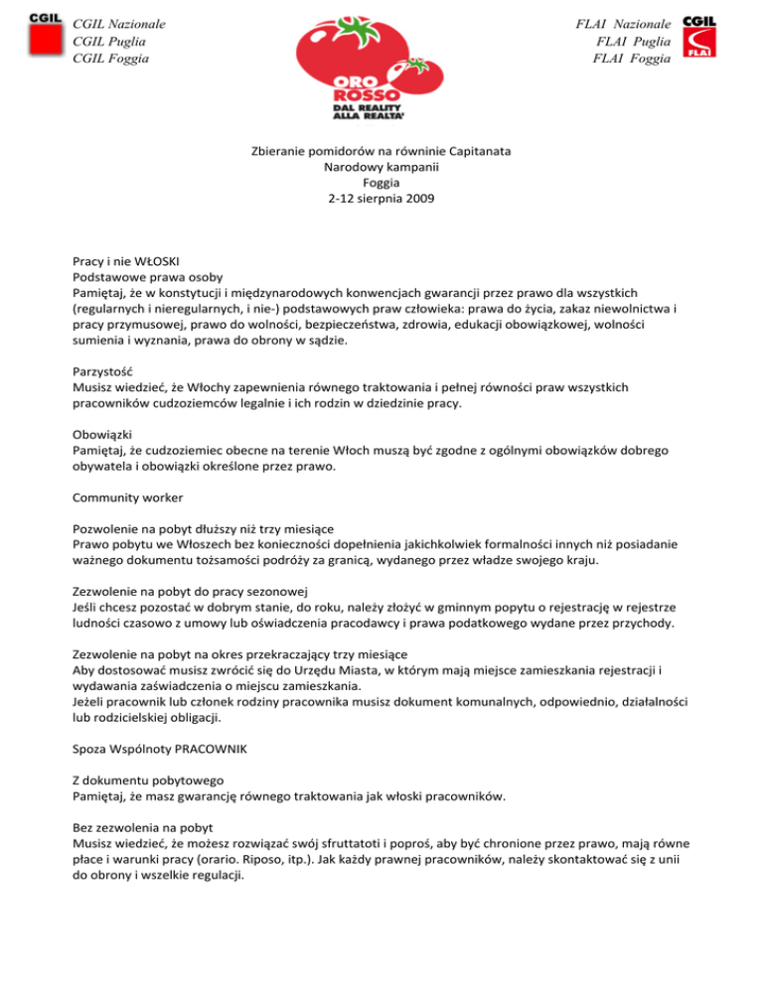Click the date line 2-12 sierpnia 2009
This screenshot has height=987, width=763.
click(381, 199)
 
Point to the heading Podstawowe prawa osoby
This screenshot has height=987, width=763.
click(148, 277)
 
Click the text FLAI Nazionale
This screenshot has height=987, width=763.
click(622, 23)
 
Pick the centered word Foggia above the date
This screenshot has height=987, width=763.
click(381, 183)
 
